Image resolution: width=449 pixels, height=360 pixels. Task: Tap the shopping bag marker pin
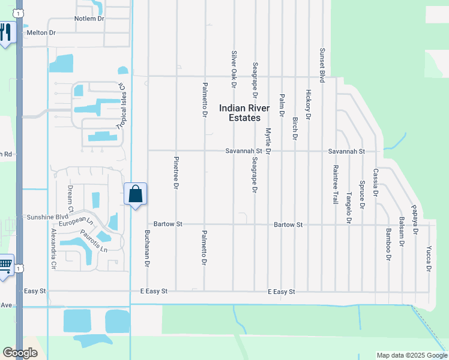[136, 194]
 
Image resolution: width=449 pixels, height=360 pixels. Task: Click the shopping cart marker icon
[5, 265]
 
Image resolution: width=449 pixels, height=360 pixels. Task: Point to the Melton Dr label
[41, 33]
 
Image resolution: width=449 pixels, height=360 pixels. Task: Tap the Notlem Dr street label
[89, 19]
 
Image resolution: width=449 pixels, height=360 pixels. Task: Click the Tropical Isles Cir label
[122, 105]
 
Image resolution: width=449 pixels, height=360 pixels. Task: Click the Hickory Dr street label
[308, 105]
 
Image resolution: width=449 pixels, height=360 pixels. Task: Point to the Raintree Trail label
[336, 185]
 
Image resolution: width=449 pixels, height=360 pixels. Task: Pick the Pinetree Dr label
[176, 173]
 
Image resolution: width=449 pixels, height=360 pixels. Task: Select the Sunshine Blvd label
[46, 217]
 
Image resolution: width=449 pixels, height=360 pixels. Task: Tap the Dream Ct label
[70, 196]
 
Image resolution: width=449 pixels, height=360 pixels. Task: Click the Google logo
[20, 353]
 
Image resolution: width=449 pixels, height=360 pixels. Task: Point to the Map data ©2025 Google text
[411, 355]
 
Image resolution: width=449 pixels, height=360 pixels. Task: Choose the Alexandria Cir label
[53, 247]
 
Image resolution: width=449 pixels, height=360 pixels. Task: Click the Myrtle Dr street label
[268, 140]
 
